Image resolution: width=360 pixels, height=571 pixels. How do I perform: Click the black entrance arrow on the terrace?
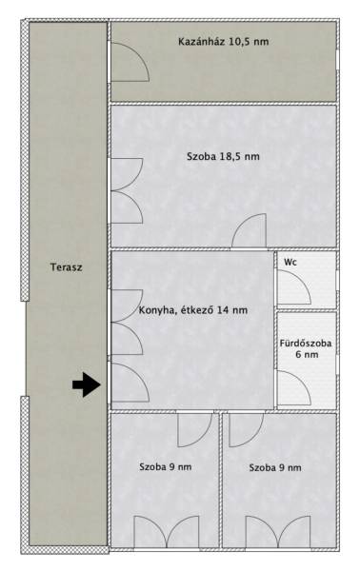click(x=87, y=384)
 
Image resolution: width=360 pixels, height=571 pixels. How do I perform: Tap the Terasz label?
click(x=67, y=267)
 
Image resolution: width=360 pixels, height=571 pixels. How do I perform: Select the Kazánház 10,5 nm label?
click(x=224, y=42)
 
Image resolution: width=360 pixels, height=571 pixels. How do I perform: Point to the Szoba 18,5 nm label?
click(x=224, y=157)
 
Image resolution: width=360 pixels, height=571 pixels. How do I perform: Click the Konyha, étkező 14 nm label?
click(x=193, y=310)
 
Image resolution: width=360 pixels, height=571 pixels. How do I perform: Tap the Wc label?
click(x=290, y=263)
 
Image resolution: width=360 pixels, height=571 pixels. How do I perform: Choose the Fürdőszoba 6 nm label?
click(x=306, y=349)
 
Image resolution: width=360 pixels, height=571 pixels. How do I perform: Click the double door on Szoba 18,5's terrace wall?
click(x=127, y=191)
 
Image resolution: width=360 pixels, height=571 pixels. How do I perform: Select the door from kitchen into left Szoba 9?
click(x=195, y=430)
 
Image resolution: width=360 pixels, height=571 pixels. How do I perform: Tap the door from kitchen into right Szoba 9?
click(x=247, y=430)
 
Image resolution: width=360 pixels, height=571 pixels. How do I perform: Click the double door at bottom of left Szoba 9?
click(x=167, y=532)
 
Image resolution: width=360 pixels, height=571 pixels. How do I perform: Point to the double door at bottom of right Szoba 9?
click(x=278, y=532)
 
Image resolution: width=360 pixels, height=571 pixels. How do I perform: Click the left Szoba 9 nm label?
click(x=166, y=467)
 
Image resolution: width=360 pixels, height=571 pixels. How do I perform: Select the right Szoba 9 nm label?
click(x=275, y=467)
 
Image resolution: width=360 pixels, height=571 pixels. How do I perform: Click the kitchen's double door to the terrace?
click(x=127, y=323)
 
